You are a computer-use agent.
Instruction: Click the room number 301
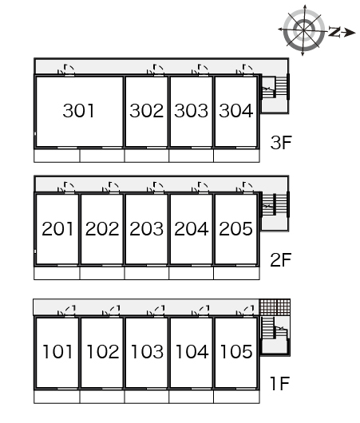pyautogui.click(x=78, y=111)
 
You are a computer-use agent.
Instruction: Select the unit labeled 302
pyautogui.click(x=147, y=111)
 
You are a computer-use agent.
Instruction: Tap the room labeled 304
pyautogui.click(x=235, y=111)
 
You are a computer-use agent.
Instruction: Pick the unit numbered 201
pyautogui.click(x=57, y=229)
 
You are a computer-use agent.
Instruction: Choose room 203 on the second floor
pyautogui.click(x=147, y=229)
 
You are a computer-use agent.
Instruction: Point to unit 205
pyautogui.click(x=235, y=229)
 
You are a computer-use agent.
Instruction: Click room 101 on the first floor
pyautogui.click(x=57, y=352)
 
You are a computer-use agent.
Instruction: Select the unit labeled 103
pyautogui.click(x=147, y=352)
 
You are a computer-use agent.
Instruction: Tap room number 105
pyautogui.click(x=236, y=352)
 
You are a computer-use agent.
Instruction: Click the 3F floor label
pyautogui.click(x=281, y=142)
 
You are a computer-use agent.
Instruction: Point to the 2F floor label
pyautogui.click(x=281, y=260)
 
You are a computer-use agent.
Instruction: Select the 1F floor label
pyautogui.click(x=280, y=383)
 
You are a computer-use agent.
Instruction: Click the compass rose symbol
pyautogui.click(x=304, y=30)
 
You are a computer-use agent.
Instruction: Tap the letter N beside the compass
pyautogui.click(x=334, y=32)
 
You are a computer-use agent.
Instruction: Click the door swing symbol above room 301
pyautogui.click(x=66, y=69)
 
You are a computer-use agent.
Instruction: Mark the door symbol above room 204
pyautogui.click(x=200, y=188)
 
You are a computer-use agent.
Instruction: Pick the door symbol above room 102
pyautogui.click(x=111, y=310)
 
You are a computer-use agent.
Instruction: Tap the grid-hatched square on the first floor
pyautogui.click(x=275, y=307)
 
